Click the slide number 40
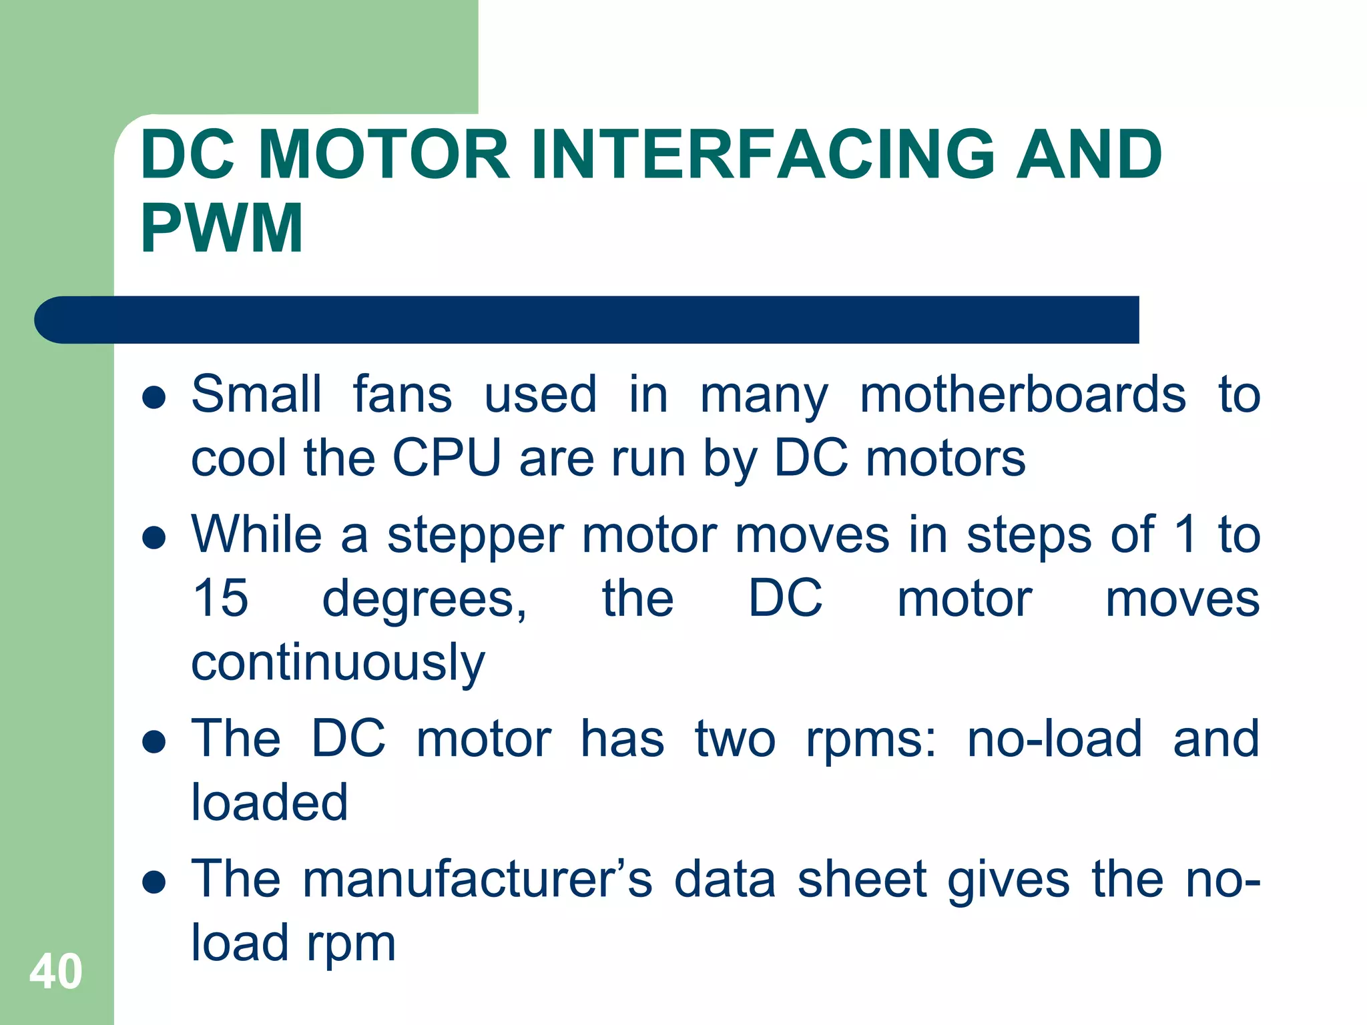[x=56, y=972]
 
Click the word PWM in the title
[x=222, y=228]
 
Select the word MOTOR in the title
[x=384, y=155]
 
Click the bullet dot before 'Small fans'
[x=154, y=398]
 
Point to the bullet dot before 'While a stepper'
[x=154, y=538]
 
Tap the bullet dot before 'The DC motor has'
[x=154, y=742]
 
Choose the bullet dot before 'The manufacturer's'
[x=154, y=882]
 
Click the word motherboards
[x=1023, y=395]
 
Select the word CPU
[x=447, y=458]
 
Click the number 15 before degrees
[x=220, y=598]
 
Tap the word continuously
[x=338, y=665]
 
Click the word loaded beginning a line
[x=270, y=802]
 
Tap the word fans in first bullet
[x=402, y=395]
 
